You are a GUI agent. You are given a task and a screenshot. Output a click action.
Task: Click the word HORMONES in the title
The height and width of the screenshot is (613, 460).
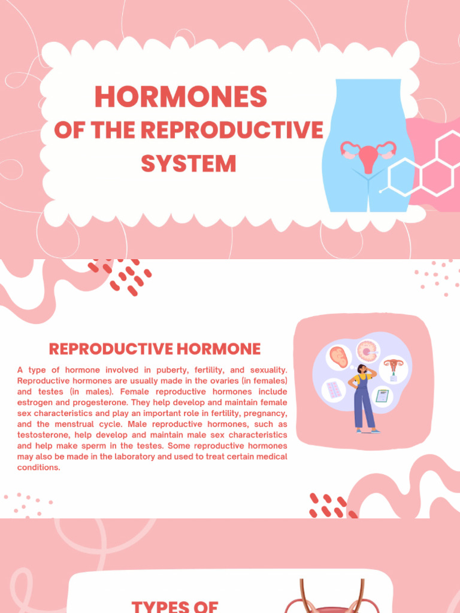[180, 97]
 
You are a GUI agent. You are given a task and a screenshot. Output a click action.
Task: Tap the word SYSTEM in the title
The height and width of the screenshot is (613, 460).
[188, 163]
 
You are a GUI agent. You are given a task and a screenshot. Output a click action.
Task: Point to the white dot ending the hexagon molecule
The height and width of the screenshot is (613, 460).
[381, 191]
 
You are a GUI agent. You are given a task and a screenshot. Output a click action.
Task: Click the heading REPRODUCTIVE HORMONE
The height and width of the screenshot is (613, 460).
[155, 349]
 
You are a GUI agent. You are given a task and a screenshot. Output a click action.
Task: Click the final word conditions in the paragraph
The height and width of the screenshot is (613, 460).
[39, 468]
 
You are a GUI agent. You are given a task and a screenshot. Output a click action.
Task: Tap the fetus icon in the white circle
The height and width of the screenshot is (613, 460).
[339, 357]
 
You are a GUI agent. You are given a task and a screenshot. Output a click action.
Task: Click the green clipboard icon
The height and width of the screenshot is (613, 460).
[382, 396]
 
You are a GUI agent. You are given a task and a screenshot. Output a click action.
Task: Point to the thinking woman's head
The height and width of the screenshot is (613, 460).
[362, 369]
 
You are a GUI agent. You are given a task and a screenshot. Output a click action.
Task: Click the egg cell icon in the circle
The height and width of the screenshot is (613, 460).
[367, 351]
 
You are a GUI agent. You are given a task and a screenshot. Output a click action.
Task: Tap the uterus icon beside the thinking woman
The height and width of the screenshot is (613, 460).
[393, 366]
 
